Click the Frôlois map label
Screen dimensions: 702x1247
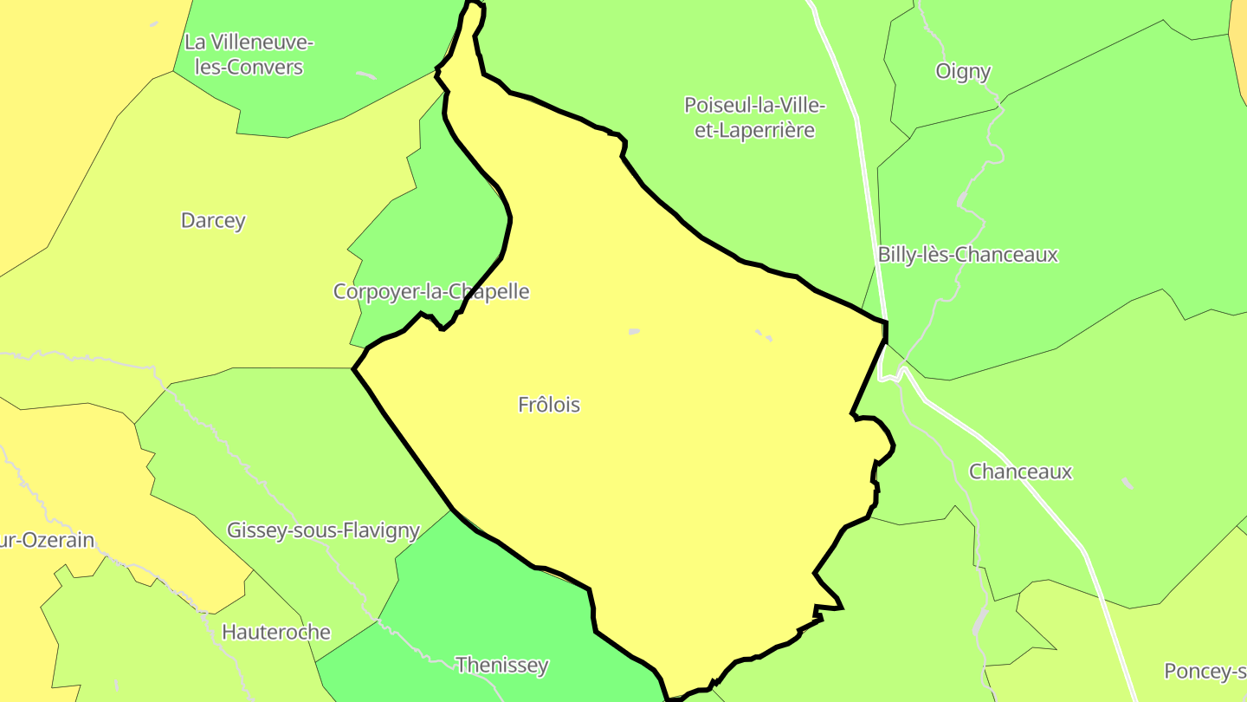(549, 405)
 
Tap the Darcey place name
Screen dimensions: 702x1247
(213, 220)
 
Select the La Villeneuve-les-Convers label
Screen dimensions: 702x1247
(249, 54)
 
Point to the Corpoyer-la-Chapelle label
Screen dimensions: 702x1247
(431, 291)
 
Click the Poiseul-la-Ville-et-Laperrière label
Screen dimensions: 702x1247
(755, 117)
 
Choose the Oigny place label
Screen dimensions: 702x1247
(963, 71)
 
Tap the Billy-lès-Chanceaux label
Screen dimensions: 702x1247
(967, 255)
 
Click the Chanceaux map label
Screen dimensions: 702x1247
(1020, 471)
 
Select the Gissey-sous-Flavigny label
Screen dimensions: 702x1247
(323, 530)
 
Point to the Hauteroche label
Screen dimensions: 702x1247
(276, 632)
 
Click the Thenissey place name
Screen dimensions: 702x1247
(502, 665)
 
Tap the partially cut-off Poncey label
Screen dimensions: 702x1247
(1205, 671)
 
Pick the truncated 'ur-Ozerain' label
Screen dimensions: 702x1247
(48, 540)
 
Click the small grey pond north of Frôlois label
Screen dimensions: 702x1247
(634, 331)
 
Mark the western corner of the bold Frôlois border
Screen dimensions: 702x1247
(354, 369)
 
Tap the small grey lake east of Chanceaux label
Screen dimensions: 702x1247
(1127, 482)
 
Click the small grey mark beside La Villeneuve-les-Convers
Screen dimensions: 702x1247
(366, 75)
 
